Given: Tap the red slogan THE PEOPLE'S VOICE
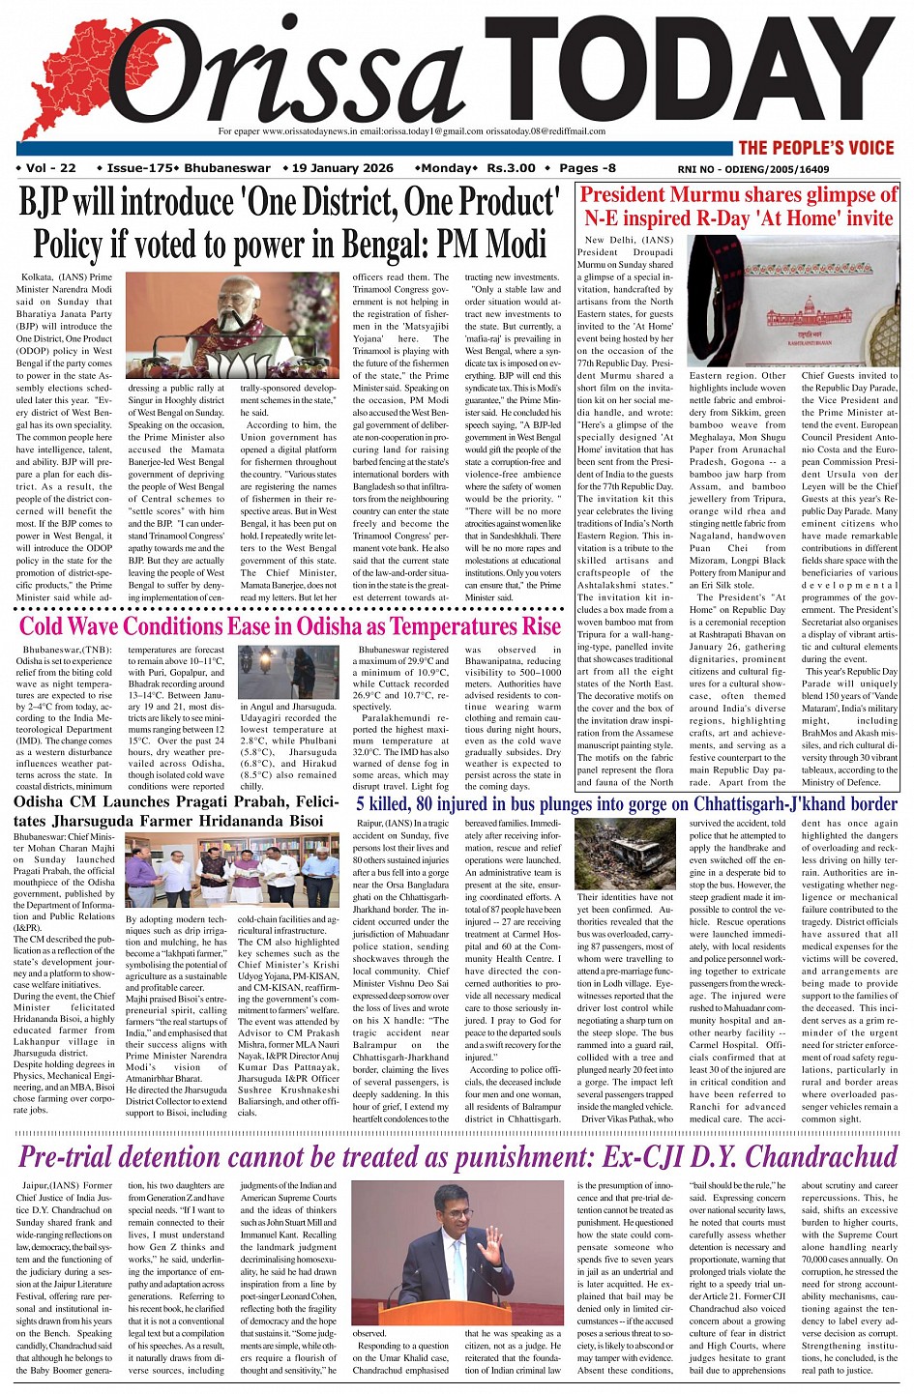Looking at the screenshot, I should point(816,148).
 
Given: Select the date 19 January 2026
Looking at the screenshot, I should point(341,168).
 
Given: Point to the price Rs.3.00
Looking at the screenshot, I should point(511,168).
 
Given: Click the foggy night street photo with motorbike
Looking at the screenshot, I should point(289,673).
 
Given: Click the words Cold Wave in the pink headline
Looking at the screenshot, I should point(76,625).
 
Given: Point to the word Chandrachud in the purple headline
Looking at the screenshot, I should point(821,1156).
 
